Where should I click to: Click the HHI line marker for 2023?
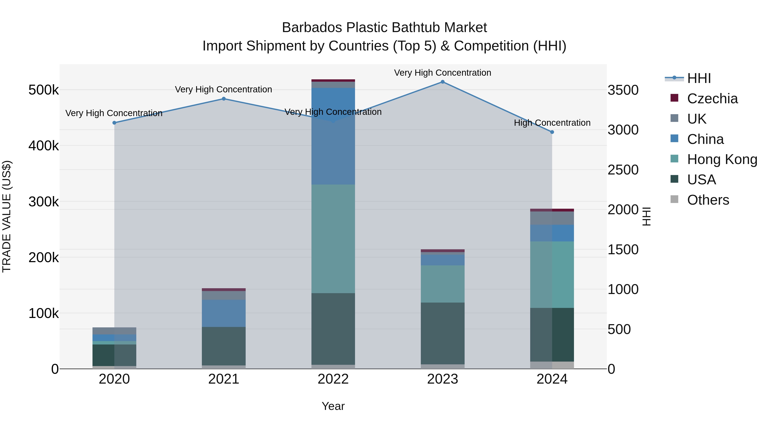(442, 82)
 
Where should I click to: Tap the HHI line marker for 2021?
(224, 99)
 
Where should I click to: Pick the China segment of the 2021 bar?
(224, 313)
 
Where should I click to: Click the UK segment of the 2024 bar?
(552, 218)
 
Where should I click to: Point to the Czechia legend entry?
(712, 99)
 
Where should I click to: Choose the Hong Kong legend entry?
(722, 159)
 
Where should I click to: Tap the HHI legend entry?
(699, 78)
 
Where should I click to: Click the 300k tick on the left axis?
(44, 202)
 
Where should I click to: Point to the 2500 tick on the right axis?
(623, 170)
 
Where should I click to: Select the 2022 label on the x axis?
(333, 379)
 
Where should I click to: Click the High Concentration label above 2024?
(552, 123)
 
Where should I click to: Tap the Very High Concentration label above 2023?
(442, 73)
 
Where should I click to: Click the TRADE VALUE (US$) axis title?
(7, 216)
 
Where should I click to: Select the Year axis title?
(333, 406)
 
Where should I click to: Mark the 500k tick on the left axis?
(44, 90)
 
